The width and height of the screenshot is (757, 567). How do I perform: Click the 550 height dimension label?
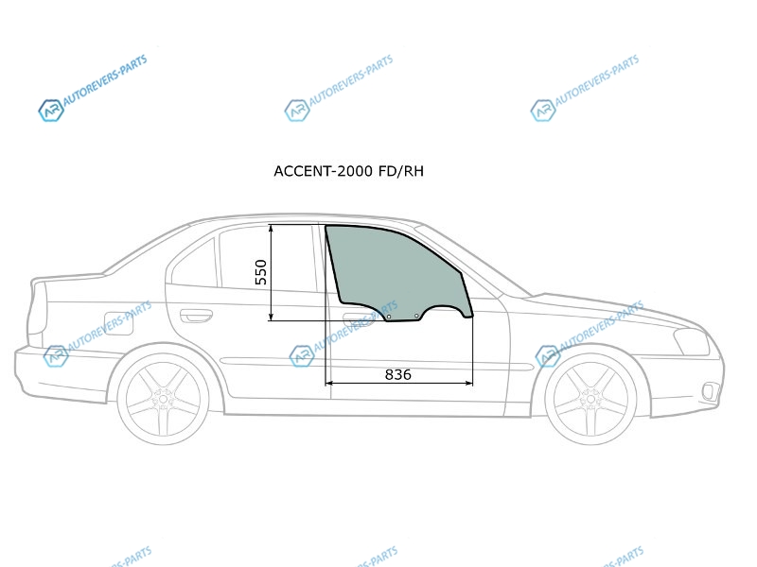pos(261,272)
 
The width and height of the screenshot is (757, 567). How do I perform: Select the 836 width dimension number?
pos(397,374)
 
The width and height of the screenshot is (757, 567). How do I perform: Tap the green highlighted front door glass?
pos(397,269)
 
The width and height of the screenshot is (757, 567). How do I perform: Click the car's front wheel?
pos(590,398)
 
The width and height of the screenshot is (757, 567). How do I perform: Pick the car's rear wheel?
pos(163,398)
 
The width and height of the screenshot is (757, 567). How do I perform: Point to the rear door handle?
pos(196,316)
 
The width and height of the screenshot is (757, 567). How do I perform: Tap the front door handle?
pos(357,317)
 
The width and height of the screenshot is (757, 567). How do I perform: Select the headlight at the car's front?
pos(692,341)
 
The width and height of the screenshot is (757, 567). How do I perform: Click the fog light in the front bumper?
pos(708,389)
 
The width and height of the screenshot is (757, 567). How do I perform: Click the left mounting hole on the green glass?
pos(389,318)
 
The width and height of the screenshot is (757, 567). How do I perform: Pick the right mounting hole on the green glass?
pos(417,315)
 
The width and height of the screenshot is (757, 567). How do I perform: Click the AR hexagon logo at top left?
pos(50,111)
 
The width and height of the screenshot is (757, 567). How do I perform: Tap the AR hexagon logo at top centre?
pos(297,111)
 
